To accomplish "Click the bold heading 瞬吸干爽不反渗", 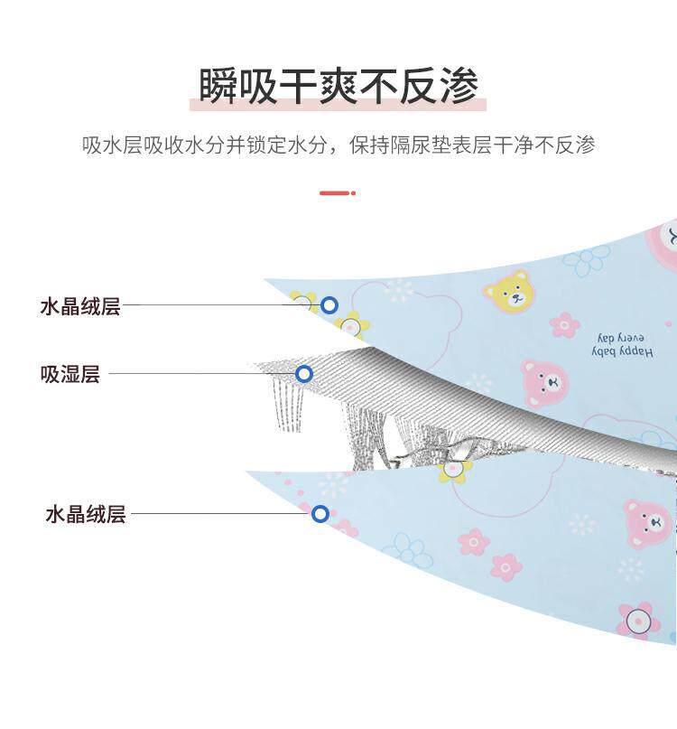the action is pyautogui.click(x=338, y=87).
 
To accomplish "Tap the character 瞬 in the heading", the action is pyautogui.click(x=219, y=87).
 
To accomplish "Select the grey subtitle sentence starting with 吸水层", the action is pyautogui.click(x=338, y=145).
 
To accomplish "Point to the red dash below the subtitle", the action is pyautogui.click(x=336, y=192).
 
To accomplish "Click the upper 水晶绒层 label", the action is pyautogui.click(x=79, y=306).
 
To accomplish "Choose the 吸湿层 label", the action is pyautogui.click(x=70, y=374).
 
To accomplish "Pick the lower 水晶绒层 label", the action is pyautogui.click(x=85, y=515).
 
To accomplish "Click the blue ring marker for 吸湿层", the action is pyautogui.click(x=304, y=374).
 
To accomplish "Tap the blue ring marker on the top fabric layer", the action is pyautogui.click(x=329, y=306).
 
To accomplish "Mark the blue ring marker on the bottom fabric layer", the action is pyautogui.click(x=320, y=514).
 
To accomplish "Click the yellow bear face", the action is pyautogui.click(x=507, y=290).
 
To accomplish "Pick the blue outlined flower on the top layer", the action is pyautogui.click(x=588, y=260).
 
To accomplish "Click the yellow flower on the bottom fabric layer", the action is pyautogui.click(x=455, y=469).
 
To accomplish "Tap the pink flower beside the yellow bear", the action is pyautogui.click(x=564, y=324).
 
